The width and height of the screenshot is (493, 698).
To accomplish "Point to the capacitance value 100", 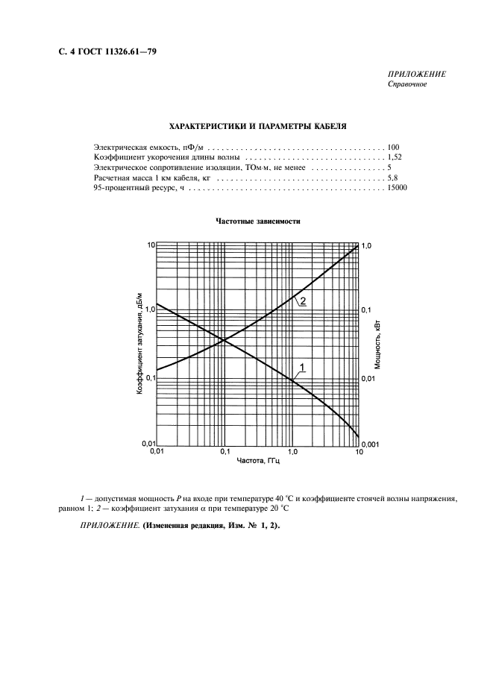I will click(x=394, y=148).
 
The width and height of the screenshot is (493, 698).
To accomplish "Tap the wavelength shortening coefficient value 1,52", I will click(x=395, y=158).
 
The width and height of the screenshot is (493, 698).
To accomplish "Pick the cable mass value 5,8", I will click(x=393, y=179).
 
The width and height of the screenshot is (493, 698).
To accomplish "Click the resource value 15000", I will click(x=397, y=189).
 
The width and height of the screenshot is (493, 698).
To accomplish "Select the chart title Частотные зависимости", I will click(x=258, y=221).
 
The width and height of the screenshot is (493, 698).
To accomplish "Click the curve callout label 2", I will click(x=304, y=301).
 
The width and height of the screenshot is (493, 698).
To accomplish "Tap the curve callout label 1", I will click(x=302, y=365).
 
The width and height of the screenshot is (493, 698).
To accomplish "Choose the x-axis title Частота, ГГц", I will click(x=257, y=462).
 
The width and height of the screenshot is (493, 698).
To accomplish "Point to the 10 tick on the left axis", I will click(x=149, y=245).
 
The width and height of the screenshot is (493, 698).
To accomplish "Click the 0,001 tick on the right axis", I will click(x=371, y=444).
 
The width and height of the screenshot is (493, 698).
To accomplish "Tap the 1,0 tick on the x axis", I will click(x=292, y=453).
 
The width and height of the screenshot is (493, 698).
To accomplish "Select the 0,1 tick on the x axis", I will click(x=224, y=453).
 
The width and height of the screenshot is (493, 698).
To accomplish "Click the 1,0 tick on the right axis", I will click(x=367, y=245).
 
